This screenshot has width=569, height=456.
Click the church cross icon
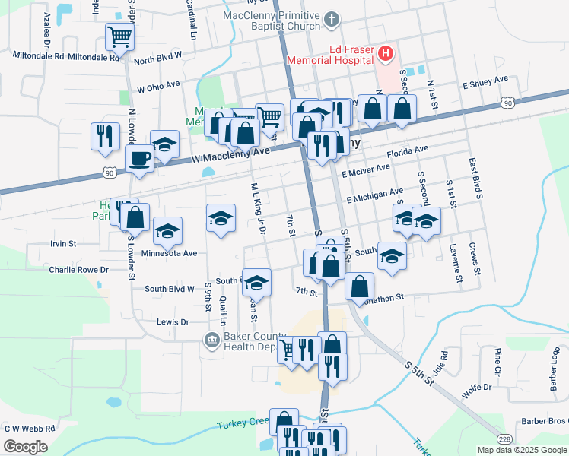coord(331,20)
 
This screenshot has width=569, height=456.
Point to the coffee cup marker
coord(139,160)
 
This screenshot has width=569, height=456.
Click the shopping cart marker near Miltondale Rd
coord(119,36)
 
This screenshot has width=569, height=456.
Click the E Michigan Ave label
coord(374,197)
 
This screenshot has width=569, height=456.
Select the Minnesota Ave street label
coord(169,253)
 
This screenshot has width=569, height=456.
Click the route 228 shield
coord(504,439)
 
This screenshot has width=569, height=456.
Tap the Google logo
coord(26,447)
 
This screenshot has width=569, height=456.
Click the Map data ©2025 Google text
coord(521,450)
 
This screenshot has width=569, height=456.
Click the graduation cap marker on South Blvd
coord(257,282)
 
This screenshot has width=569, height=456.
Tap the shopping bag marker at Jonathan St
coord(359,287)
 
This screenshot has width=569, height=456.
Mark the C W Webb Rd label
coord(30,429)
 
